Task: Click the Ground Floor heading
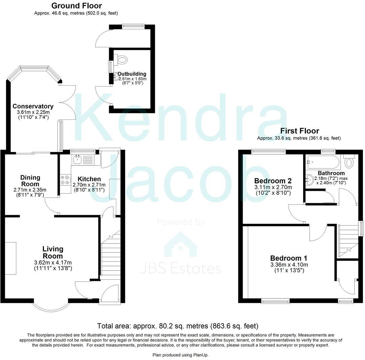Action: click(76, 6)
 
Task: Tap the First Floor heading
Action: click(299, 131)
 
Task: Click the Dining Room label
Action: click(30, 181)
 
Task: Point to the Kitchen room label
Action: click(89, 179)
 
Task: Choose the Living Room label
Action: click(53, 252)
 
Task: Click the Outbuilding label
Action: click(132, 74)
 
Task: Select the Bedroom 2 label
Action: click(273, 180)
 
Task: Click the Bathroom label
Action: click(331, 173)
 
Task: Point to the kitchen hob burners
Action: click(65, 180)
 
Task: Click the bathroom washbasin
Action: click(309, 178)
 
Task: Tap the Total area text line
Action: click(178, 326)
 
